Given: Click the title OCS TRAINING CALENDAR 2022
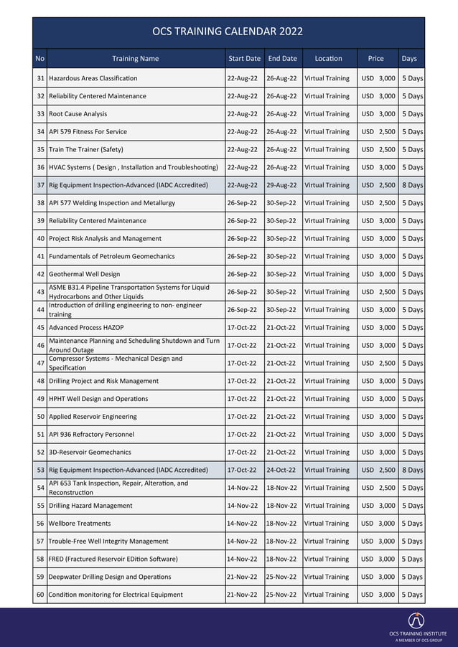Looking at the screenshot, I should [228, 32].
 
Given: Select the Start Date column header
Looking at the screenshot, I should [244, 59].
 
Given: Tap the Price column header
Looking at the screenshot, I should [375, 59].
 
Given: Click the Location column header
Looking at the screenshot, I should [327, 59].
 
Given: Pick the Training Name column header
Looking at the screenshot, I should [135, 59].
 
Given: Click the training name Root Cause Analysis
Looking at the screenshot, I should [78, 114].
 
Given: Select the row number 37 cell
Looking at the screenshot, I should [40, 185].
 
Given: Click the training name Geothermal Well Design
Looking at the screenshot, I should [84, 274].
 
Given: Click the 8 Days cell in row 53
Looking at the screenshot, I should [412, 470].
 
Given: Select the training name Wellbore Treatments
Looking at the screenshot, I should [80, 524].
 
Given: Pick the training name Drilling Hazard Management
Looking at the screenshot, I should [90, 506].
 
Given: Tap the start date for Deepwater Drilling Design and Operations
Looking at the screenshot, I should [243, 577].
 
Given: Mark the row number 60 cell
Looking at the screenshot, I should [40, 595].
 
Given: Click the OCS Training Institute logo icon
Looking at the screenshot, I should [416, 620].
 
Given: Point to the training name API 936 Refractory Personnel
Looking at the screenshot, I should [93, 435].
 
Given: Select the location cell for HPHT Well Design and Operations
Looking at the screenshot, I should [327, 399].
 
